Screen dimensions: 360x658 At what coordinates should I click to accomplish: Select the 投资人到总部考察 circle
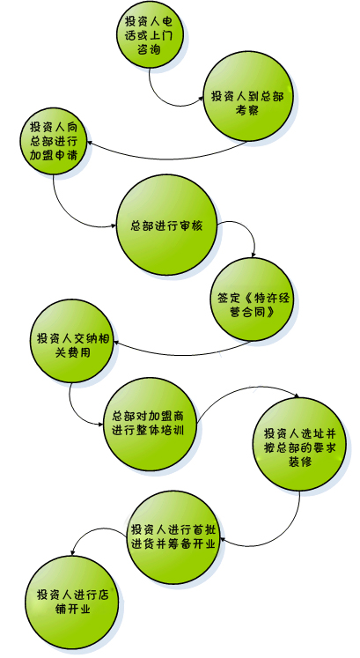(247, 96)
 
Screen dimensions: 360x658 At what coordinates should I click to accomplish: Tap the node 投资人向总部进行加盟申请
(53, 142)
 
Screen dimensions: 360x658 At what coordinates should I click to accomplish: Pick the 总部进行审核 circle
(167, 225)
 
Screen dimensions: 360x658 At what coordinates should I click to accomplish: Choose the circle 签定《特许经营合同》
(252, 299)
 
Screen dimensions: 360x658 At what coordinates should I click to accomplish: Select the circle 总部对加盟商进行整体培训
(150, 424)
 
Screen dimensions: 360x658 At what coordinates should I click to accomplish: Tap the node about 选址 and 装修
(299, 444)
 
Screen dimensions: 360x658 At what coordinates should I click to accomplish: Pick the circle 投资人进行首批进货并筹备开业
(173, 537)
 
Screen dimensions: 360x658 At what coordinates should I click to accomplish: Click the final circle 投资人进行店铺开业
(72, 602)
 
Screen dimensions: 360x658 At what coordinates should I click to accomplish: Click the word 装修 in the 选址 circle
(299, 462)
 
